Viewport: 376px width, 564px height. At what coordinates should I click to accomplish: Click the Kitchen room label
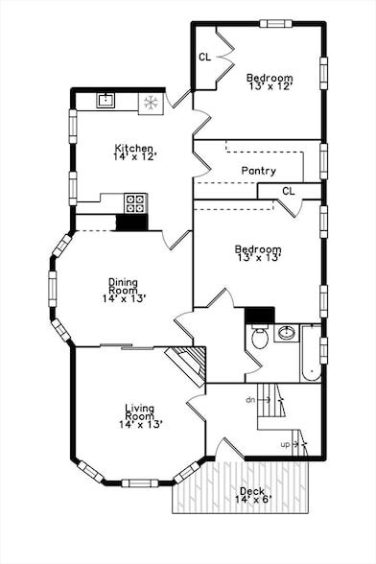coord(134,149)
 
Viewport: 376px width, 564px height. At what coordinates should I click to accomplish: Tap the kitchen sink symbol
coord(106,100)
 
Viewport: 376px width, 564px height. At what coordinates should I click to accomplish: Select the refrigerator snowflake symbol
coord(151,102)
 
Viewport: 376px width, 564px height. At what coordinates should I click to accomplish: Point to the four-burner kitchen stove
coord(135,202)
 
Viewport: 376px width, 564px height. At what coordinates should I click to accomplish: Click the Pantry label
coord(258,171)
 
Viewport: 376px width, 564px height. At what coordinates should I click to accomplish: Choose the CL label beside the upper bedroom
coord(204,57)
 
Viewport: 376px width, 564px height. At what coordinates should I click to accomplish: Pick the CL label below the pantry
coord(288,191)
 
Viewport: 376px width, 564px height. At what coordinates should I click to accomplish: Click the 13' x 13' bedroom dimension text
coord(258,261)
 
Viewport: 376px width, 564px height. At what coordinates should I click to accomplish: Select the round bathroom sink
coord(286,334)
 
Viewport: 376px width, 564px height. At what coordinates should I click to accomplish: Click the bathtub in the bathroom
coord(310,355)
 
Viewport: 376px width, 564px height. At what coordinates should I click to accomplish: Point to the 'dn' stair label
coord(250,398)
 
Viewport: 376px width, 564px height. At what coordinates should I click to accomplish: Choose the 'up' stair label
coord(285,444)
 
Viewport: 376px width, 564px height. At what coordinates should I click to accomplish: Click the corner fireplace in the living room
coord(187,365)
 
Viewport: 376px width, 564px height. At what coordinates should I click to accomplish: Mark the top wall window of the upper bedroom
coord(276,23)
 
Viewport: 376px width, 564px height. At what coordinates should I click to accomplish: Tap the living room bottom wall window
coord(140,482)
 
